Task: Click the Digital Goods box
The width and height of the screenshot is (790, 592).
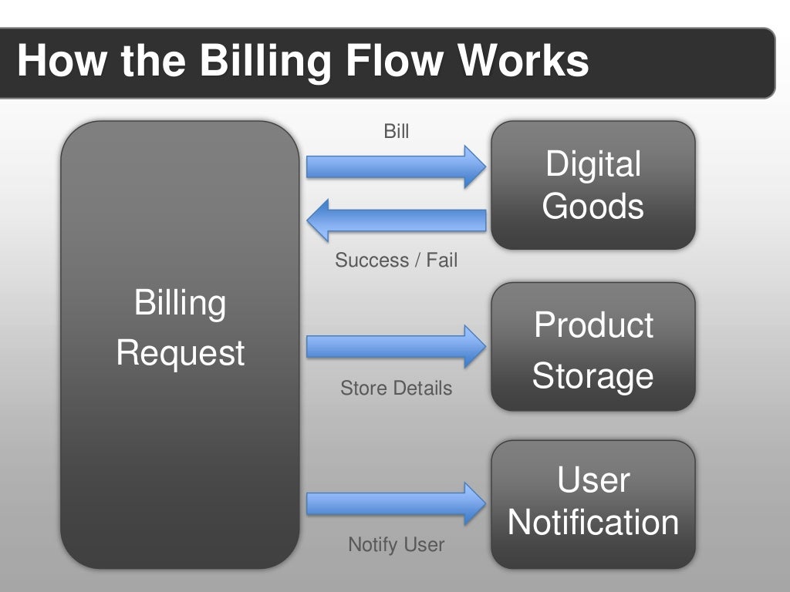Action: point(592,185)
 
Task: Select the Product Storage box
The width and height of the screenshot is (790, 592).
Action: point(592,346)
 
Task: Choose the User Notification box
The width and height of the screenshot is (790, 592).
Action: point(592,503)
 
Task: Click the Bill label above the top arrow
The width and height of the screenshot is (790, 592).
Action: point(397,132)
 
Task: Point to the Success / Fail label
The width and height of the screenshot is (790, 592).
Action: point(396,261)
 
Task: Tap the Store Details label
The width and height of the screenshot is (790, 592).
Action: point(396,388)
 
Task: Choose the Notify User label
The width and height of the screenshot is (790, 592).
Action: point(396,545)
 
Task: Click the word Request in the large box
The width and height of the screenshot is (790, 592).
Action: point(180,354)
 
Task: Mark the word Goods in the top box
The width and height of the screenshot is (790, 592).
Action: point(592,207)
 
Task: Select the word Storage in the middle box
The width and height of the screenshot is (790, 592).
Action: point(592,376)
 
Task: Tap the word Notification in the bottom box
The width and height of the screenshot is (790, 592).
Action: point(592,523)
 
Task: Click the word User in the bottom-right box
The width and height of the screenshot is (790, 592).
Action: point(592,480)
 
